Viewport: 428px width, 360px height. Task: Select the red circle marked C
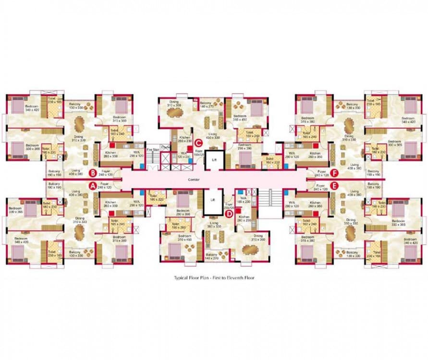[198, 142]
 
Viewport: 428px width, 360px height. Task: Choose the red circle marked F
[335, 173]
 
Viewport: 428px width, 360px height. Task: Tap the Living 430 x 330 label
[213, 136]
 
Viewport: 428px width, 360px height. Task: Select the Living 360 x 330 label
[214, 225]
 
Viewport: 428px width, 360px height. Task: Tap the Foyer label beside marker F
[321, 173]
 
